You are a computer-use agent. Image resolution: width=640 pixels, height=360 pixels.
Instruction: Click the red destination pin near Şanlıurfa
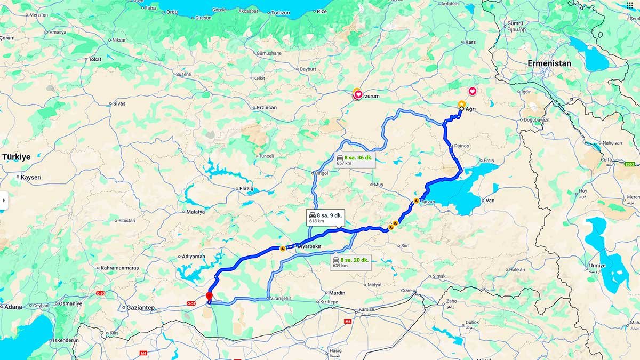(209, 296)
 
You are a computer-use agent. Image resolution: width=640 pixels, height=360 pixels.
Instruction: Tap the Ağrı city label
(470, 109)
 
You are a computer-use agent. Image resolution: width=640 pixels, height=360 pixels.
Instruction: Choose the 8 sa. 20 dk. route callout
(349, 262)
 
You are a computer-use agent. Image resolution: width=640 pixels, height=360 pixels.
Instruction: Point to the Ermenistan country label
(549, 63)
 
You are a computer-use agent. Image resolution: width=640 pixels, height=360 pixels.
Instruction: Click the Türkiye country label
(16, 157)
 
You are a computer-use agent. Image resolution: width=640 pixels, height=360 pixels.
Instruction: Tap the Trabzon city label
(280, 12)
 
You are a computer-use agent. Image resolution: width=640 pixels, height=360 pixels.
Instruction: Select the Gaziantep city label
(140, 308)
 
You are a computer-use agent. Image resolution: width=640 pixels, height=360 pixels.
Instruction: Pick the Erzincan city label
(267, 108)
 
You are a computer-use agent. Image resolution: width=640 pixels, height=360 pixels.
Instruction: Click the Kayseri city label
(30, 177)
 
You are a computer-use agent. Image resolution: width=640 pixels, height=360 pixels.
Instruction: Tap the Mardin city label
(337, 293)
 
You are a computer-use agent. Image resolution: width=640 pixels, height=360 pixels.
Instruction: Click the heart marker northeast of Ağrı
(473, 92)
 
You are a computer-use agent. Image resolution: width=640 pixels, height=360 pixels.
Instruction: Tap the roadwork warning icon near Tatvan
(415, 201)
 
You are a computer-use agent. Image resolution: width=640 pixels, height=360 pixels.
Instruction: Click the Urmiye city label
(597, 266)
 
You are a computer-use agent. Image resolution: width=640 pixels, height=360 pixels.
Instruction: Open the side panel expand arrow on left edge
(4, 201)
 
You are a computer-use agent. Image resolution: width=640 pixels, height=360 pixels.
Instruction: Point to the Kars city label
(470, 42)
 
